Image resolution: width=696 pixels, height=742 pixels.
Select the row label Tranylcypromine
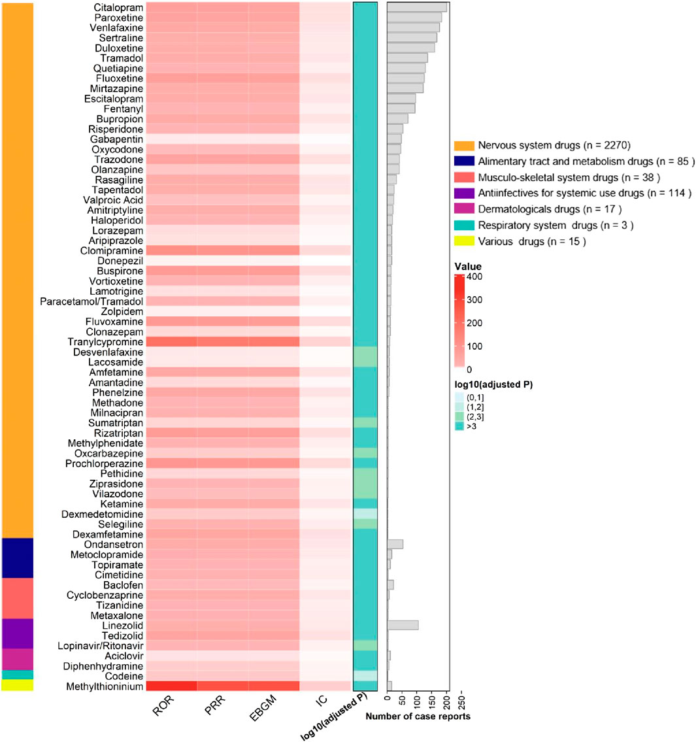[105, 342]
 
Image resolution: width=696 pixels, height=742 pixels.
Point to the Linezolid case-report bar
[403, 626]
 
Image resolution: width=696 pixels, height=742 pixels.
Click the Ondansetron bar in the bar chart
[395, 545]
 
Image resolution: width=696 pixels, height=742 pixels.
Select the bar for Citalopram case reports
[417, 7]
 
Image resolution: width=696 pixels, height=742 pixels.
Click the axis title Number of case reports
[418, 717]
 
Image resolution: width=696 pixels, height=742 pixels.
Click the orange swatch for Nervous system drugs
[463, 145]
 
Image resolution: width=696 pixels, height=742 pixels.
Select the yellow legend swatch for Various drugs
[463, 241]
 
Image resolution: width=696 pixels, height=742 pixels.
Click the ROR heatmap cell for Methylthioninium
[171, 686]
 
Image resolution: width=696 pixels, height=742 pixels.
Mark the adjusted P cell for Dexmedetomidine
[365, 514]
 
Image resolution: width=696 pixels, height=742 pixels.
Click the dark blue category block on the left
[18, 558]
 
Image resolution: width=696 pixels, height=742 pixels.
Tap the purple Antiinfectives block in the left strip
[18, 633]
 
